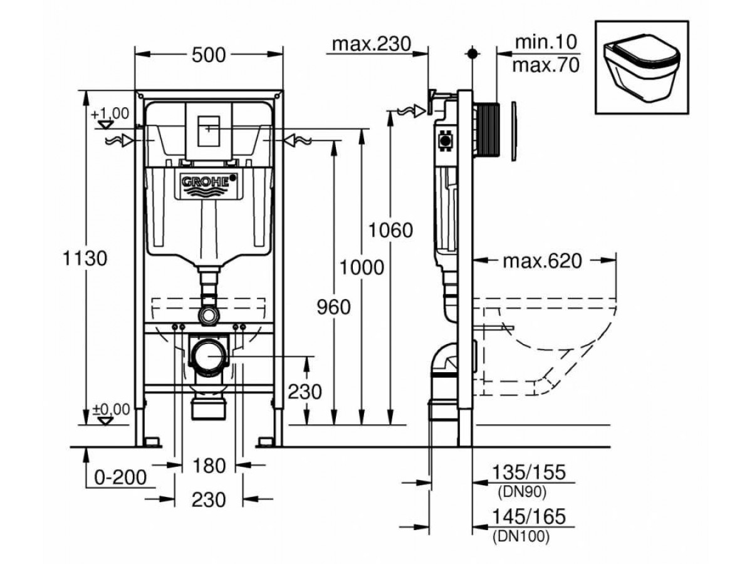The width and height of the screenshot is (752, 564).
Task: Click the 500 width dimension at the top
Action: point(209,55)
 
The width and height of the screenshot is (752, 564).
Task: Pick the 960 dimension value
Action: point(332,307)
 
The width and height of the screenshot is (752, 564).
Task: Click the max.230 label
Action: point(370,44)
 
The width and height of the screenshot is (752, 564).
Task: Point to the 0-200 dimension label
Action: point(119,478)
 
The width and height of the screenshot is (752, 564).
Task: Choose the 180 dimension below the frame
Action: point(209,466)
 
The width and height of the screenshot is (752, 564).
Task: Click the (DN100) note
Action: point(520,536)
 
